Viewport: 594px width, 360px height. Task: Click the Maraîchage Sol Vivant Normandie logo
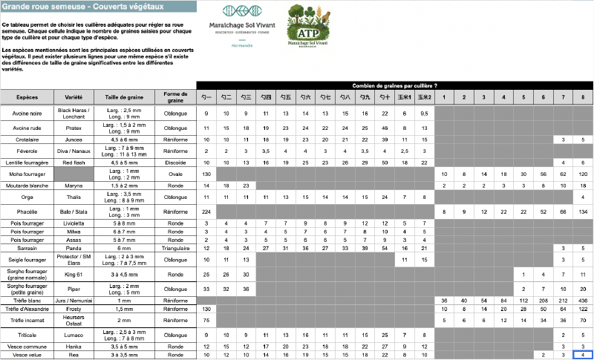coord(242,26)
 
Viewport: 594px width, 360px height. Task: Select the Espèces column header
coord(27,98)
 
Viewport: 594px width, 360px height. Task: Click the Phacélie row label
coord(27,212)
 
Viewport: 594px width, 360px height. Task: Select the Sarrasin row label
coord(27,247)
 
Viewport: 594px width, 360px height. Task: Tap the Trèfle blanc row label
coord(27,300)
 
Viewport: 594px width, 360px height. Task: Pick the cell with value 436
coord(584,300)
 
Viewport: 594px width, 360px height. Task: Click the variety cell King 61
coord(74,274)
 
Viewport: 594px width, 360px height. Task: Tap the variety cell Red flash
coord(74,162)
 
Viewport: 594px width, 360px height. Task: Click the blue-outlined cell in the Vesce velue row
coord(584,355)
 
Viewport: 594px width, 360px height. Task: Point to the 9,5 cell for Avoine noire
coord(424,113)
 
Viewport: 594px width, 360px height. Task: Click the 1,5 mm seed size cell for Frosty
coord(124,308)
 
